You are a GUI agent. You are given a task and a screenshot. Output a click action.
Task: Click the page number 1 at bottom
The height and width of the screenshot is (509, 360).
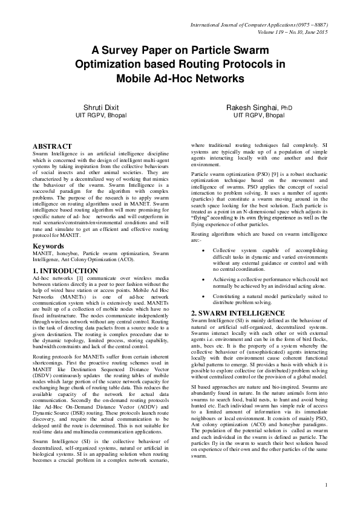click(326, 485)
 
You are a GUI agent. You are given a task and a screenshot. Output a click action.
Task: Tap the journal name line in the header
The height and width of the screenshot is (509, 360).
click(258, 25)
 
